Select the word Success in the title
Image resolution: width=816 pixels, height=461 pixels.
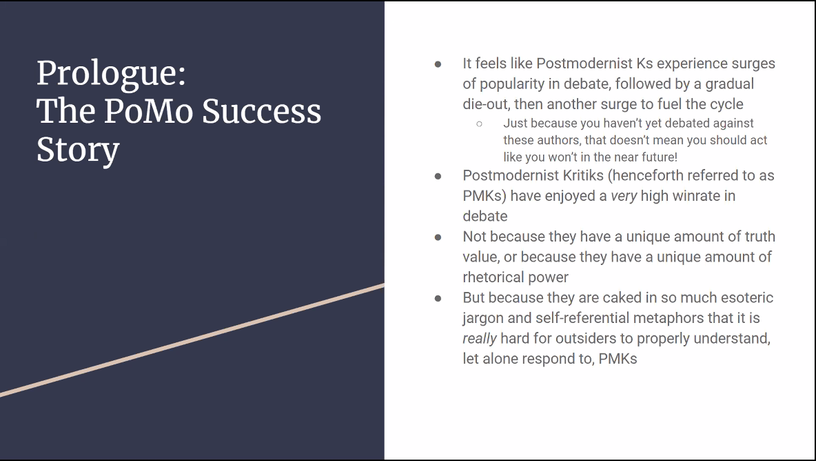(x=261, y=111)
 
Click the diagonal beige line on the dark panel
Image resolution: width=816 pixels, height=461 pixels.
(x=192, y=341)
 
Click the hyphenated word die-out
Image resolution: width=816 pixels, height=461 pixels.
(x=485, y=104)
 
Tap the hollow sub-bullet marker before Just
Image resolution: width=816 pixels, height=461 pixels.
(x=479, y=124)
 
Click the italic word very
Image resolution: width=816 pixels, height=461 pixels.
(x=624, y=197)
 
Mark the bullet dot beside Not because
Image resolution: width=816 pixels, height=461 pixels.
(x=438, y=237)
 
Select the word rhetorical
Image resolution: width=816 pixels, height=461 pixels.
(x=493, y=277)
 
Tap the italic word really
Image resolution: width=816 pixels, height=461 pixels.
(x=480, y=339)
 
